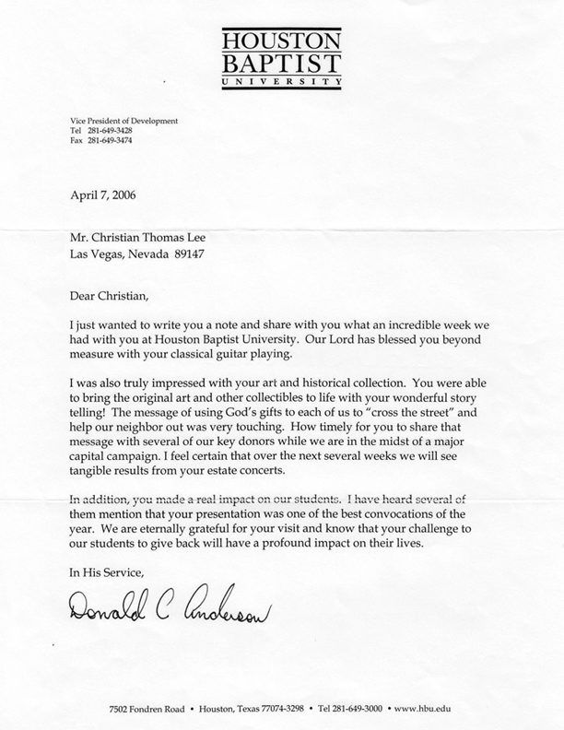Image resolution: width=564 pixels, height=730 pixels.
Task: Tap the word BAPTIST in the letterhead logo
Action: point(281,64)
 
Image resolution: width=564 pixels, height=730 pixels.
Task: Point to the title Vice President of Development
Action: point(123,121)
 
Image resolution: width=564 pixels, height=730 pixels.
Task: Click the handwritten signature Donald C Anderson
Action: point(170,605)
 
